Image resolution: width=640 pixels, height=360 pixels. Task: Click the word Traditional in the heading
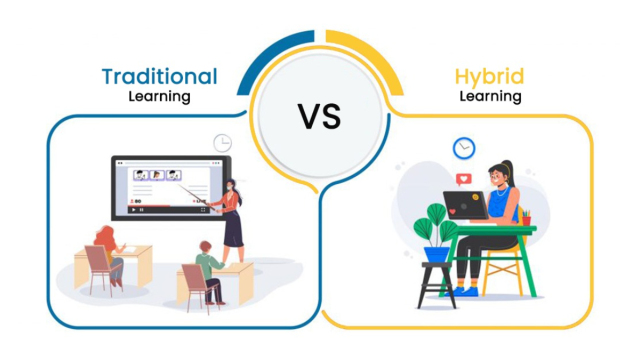pyautogui.click(x=159, y=76)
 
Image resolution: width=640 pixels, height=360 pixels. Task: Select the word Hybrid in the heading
pyautogui.click(x=489, y=76)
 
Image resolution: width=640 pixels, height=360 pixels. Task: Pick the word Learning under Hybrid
pyautogui.click(x=490, y=98)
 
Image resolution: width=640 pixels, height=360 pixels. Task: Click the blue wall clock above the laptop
pyautogui.click(x=463, y=149)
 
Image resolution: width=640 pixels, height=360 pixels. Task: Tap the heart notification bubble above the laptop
pyautogui.click(x=462, y=180)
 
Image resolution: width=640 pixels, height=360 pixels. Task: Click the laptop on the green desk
pyautogui.click(x=467, y=206)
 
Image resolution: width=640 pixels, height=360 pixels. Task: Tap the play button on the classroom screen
pyautogui.click(x=133, y=209)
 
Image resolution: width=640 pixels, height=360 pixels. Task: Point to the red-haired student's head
pyautogui.click(x=105, y=233)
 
